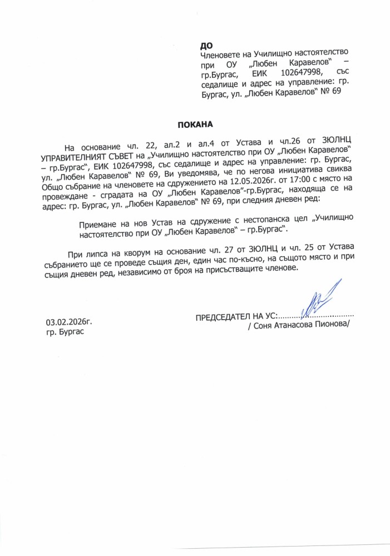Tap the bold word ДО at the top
[x=205, y=44]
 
